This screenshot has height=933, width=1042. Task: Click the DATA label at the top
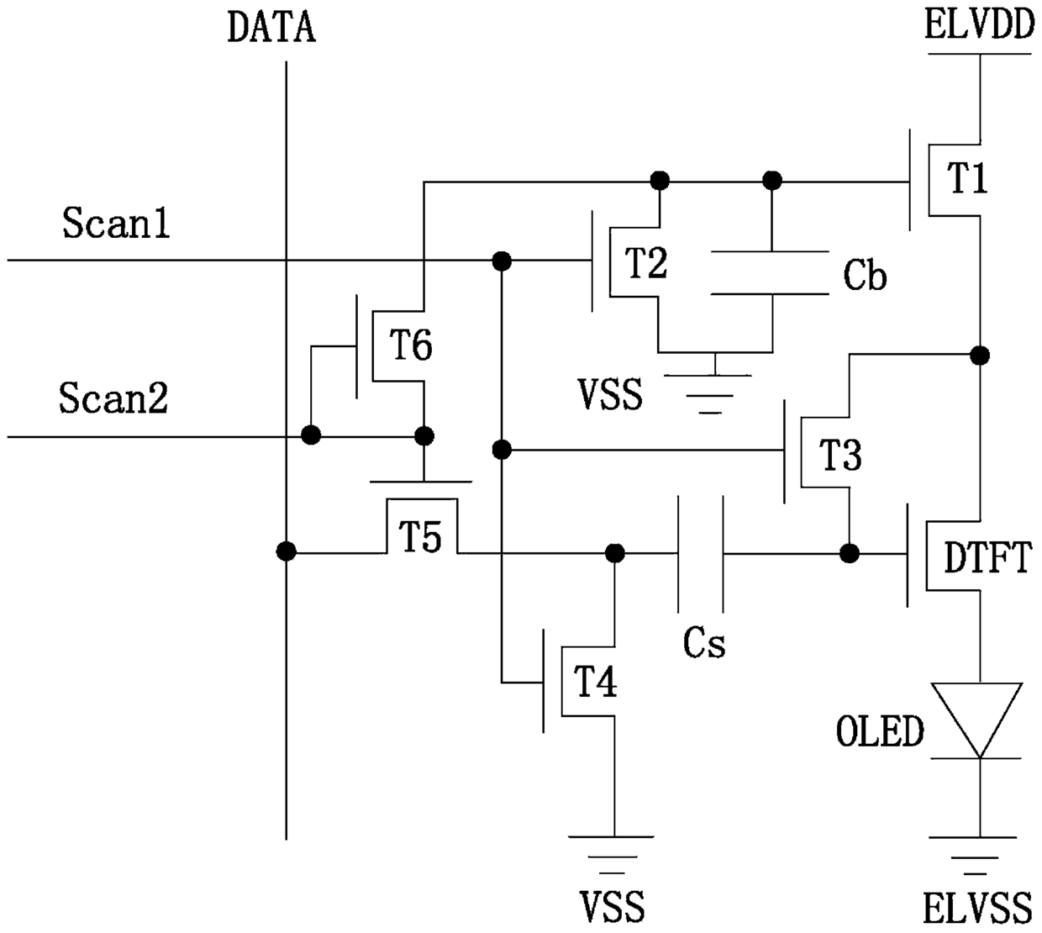(271, 27)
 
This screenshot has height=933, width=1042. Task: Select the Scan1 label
(116, 223)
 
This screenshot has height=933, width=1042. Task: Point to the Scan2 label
(113, 398)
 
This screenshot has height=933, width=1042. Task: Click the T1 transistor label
(967, 178)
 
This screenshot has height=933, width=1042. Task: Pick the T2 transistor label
(646, 263)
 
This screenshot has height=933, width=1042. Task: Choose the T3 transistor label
(840, 455)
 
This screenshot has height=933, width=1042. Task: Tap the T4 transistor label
(596, 682)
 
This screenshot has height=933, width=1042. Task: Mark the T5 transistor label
(420, 536)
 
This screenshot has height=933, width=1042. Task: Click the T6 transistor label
(411, 345)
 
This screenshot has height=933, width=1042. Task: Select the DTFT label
(987, 557)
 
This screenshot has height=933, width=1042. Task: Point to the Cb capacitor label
(865, 276)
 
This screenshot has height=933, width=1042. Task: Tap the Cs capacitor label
(704, 643)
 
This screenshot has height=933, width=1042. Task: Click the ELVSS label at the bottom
(977, 909)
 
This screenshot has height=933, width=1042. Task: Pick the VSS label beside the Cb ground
(610, 395)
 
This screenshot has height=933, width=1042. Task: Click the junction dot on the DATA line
(286, 552)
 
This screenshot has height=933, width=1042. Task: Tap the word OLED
(880, 731)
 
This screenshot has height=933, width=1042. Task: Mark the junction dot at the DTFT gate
(849, 554)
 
